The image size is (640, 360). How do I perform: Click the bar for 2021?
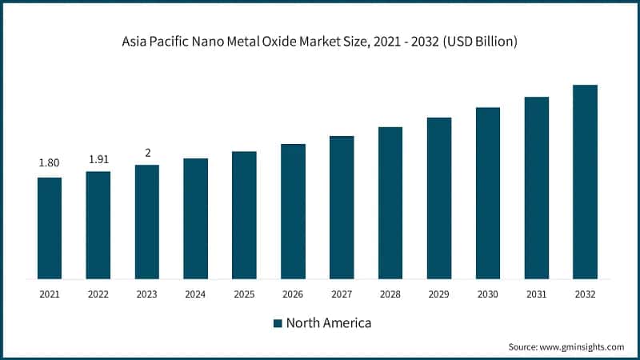50,228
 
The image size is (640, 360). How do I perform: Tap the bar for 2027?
342,207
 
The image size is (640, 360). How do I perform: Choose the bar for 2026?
293,211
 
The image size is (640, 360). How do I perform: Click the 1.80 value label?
50,163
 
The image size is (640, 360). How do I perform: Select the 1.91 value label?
98,158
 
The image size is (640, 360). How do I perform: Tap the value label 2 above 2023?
147,152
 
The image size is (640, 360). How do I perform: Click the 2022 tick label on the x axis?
98,294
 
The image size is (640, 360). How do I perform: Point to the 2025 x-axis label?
244,294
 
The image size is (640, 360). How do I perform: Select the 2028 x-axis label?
390,294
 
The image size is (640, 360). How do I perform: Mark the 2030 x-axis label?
488,294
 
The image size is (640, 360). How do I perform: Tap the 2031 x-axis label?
537,294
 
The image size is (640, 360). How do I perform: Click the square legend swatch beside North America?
278,323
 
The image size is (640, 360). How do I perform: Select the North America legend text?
329,323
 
